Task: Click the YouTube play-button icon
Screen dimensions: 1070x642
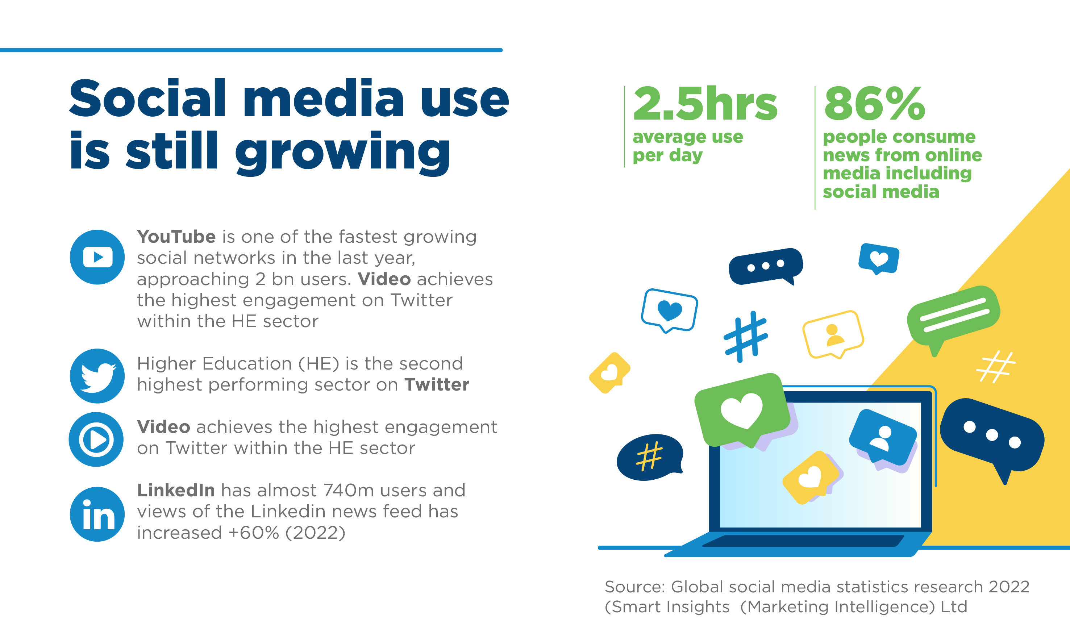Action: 97,257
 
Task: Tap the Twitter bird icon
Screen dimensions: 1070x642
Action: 97,376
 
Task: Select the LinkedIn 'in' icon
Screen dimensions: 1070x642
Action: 97,514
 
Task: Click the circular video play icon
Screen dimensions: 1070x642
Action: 96,439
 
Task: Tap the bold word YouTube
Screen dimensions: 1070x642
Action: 176,237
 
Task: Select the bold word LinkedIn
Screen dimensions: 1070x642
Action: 176,490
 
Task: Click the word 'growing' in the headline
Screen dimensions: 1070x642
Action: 343,153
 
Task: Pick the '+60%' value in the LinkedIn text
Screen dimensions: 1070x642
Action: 254,533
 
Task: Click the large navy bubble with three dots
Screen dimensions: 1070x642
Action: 992,437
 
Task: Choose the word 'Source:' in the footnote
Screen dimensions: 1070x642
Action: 635,587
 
